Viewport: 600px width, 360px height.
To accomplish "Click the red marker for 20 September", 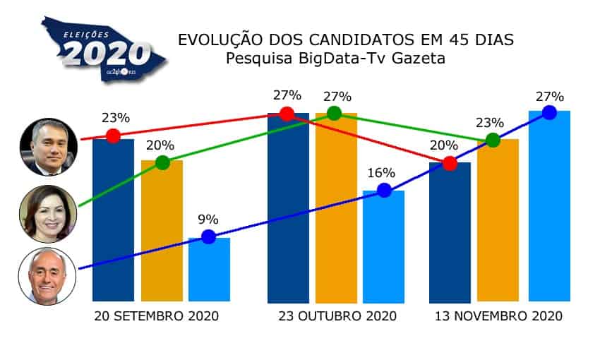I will click(x=113, y=136).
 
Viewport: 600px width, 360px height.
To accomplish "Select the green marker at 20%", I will click(x=162, y=162).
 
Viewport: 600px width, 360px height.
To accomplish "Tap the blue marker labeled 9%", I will click(x=208, y=236).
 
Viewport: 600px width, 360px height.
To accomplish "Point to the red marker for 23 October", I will click(x=287, y=114).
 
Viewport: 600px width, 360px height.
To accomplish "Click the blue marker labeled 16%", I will click(x=383, y=190).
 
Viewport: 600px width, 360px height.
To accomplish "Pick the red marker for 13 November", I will click(x=449, y=164).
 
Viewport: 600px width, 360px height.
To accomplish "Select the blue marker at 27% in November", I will click(x=548, y=112).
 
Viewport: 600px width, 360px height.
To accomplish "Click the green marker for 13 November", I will click(x=493, y=140).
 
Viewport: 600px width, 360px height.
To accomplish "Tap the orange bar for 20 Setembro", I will click(x=162, y=233).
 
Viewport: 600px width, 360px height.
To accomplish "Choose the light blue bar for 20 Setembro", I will click(x=209, y=272).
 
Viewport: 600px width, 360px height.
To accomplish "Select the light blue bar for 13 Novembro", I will click(x=549, y=208).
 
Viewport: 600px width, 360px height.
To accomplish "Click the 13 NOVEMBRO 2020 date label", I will click(x=498, y=316).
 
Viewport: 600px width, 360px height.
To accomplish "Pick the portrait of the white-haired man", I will click(x=47, y=276).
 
